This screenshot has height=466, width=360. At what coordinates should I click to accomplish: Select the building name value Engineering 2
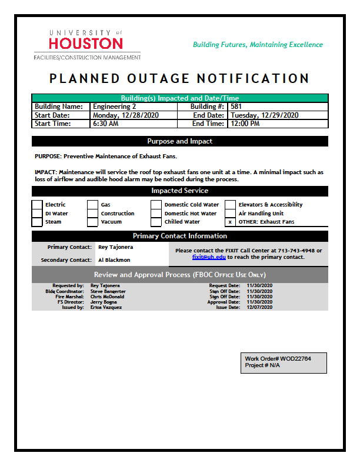tap(114, 106)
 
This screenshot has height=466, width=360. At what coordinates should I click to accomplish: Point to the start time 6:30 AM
tap(106, 124)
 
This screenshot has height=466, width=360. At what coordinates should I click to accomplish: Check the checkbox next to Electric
tap(37, 205)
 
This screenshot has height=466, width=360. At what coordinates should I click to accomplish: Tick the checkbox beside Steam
tap(37, 222)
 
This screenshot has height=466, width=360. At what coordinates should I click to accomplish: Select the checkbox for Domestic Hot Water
tap(156, 214)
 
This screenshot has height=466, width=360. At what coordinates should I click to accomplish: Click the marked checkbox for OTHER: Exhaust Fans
tap(230, 222)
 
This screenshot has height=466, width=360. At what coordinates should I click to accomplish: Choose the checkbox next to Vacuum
tap(92, 222)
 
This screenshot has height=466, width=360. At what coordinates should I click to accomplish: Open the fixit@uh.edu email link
tap(209, 257)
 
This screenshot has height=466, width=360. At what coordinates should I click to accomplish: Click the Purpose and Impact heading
tap(179, 141)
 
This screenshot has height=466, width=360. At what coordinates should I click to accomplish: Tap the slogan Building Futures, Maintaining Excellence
tap(258, 45)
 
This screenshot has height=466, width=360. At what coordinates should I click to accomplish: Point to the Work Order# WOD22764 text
tap(278, 358)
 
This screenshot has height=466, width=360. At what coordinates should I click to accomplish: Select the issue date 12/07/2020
tap(259, 307)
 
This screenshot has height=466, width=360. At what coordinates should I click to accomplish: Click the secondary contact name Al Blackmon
tap(114, 260)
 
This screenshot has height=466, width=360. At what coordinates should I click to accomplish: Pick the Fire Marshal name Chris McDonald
tap(107, 297)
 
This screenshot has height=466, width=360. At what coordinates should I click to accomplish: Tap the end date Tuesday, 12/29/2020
tap(265, 115)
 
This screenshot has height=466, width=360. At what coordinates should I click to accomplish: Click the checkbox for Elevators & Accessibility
tap(230, 205)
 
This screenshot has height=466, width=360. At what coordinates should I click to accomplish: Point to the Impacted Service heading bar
tap(179, 191)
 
